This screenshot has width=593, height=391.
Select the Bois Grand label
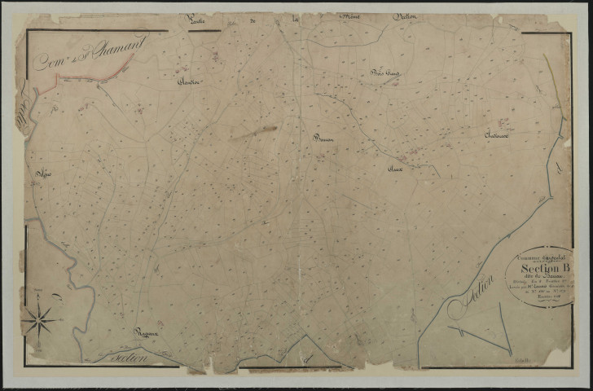tap(382, 75)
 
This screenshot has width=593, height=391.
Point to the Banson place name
tap(324, 138)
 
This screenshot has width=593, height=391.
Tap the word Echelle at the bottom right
tap(522, 358)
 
